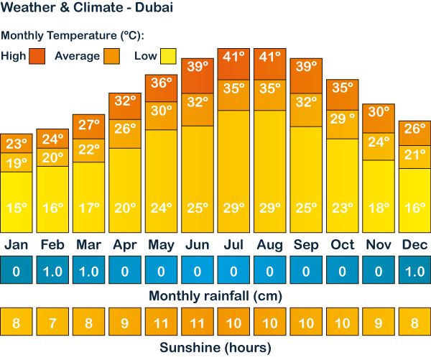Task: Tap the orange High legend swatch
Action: (37, 55)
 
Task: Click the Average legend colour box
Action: (111, 55)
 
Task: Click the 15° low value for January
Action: (16, 208)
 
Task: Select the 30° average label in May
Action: (161, 110)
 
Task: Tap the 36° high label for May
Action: (161, 83)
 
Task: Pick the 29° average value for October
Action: (342, 119)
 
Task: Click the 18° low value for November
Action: (379, 208)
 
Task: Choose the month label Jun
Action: (197, 245)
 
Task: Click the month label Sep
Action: (306, 245)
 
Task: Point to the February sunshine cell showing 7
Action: (52, 323)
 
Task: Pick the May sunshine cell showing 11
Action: (161, 323)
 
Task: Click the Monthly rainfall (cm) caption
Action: (215, 296)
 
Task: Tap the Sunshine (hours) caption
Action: (215, 349)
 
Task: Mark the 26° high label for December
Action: (414, 129)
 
